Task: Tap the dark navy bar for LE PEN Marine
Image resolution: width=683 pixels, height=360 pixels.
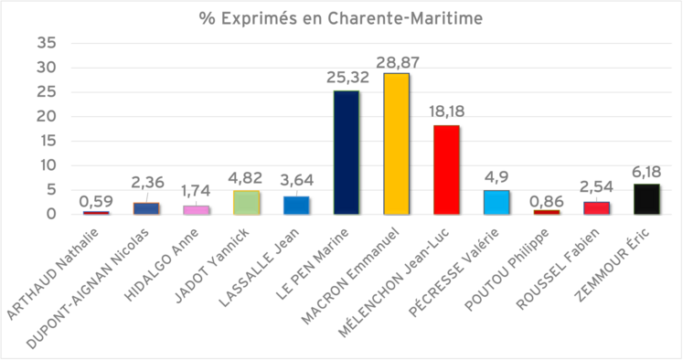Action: pyautogui.click(x=346, y=153)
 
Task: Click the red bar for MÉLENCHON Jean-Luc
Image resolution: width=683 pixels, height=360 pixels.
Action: pyautogui.click(x=446, y=170)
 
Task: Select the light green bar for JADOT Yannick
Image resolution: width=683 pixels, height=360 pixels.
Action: pyautogui.click(x=246, y=202)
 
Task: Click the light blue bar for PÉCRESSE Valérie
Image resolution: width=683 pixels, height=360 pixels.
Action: pyautogui.click(x=496, y=202)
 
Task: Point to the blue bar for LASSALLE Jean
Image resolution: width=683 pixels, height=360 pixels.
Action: pyautogui.click(x=296, y=205)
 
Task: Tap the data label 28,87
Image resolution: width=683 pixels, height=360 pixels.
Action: pyautogui.click(x=396, y=61)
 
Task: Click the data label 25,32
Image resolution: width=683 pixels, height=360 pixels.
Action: pyautogui.click(x=346, y=79)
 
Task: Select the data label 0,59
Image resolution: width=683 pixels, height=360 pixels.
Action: pyautogui.click(x=96, y=200)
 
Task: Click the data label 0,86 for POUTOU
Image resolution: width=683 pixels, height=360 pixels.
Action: pyautogui.click(x=546, y=198)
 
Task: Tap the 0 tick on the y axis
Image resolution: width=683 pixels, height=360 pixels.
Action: pyautogui.click(x=49, y=215)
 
